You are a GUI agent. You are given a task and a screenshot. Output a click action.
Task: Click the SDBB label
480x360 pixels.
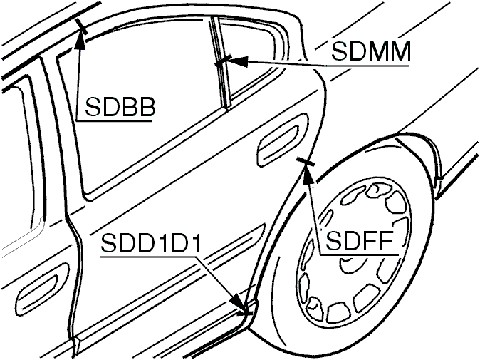[120, 107]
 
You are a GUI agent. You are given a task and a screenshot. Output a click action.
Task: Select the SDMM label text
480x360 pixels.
[371, 52]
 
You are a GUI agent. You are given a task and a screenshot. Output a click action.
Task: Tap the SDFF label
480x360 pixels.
[359, 241]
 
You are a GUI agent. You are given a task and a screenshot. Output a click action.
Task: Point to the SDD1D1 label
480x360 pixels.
[151, 243]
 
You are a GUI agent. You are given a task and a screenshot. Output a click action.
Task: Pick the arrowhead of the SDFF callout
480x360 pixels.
[308, 174]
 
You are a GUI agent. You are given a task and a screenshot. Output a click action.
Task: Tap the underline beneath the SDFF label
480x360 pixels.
[358, 254]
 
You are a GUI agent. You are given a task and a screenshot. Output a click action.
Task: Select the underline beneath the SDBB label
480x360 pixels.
[114, 120]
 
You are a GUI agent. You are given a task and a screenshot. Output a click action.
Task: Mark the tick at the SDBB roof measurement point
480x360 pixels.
[81, 26]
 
